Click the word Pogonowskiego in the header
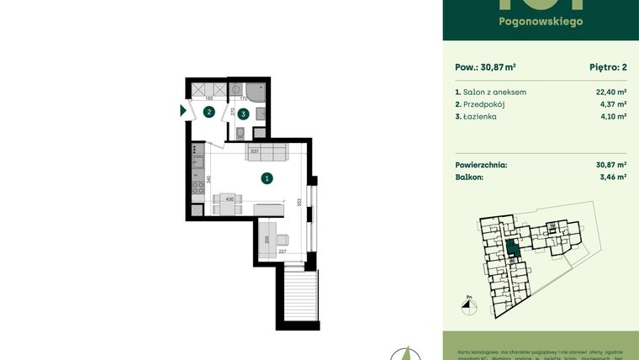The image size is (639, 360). click(541, 21)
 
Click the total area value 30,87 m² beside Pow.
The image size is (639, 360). click(497, 69)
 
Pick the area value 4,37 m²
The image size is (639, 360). click(612, 104)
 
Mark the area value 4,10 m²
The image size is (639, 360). click(612, 117)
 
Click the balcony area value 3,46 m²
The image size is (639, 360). click(611, 177)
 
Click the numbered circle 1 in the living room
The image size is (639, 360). click(266, 177)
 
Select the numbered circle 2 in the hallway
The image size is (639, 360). click(209, 111)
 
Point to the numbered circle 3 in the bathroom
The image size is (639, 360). click(243, 113)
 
